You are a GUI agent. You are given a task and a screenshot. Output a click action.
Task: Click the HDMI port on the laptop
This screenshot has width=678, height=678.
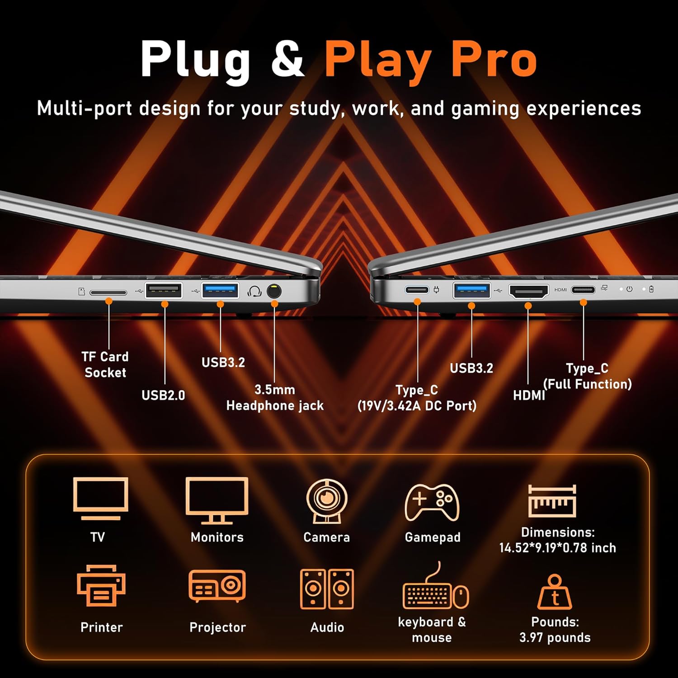pos(529,292)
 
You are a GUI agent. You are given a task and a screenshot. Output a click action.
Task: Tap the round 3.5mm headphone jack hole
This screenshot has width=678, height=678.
pos(274,291)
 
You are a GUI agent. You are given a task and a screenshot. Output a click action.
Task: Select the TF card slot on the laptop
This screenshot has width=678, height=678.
pos(108,292)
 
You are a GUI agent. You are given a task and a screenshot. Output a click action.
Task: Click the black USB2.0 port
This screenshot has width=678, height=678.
pos(164,290)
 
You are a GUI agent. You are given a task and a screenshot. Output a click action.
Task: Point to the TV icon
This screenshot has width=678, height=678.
pos(100,499)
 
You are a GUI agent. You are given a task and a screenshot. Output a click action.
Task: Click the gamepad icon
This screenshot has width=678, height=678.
pos(432,502)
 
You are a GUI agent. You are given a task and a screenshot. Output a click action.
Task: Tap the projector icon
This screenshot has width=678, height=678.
pos(217,586)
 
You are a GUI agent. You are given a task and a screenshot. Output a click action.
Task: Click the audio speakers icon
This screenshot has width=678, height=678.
pos(327,589)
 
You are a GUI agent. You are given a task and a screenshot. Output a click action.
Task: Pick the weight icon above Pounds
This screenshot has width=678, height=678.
pos(555,592)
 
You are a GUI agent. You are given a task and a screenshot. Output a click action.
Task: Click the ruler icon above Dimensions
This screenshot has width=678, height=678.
pos(552,501)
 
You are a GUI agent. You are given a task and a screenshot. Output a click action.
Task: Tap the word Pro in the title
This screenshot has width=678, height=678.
pos(494,59)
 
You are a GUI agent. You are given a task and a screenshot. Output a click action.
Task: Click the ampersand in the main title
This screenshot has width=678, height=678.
pos(288,58)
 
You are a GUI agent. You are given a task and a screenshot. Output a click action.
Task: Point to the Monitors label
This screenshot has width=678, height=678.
pos(217,537)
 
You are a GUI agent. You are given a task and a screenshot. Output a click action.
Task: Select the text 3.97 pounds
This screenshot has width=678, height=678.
pos(555,637)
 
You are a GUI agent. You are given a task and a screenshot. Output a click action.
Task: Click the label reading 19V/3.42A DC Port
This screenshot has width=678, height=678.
pos(417,405)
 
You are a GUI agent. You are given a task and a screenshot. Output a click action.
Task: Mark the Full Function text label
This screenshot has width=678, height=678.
pos(587,384)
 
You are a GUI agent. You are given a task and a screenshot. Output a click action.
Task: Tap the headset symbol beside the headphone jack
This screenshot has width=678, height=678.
pos(254,292)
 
